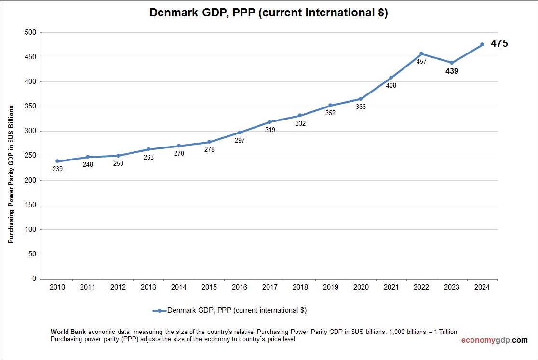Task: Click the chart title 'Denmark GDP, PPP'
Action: pyautogui.click(x=269, y=13)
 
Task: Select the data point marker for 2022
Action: pyautogui.click(x=421, y=53)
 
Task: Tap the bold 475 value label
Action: pyautogui.click(x=499, y=43)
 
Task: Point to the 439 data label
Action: pyautogui.click(x=452, y=71)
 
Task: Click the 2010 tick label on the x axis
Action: pyautogui.click(x=57, y=287)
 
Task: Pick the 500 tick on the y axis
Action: pyautogui.click(x=30, y=32)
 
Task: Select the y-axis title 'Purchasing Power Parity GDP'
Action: pyautogui.click(x=10, y=174)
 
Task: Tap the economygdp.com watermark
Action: pyautogui.click(x=494, y=340)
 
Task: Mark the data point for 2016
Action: pyautogui.click(x=240, y=133)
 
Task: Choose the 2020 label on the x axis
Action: pyautogui.click(x=361, y=287)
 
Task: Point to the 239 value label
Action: pyautogui.click(x=57, y=169)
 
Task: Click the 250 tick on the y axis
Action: pyautogui.click(x=30, y=156)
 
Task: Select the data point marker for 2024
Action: pyautogui.click(x=482, y=45)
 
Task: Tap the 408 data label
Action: pyautogui.click(x=391, y=85)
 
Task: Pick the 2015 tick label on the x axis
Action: pyautogui.click(x=209, y=287)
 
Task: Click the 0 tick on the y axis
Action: pyautogui.click(x=34, y=279)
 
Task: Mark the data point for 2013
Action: pyautogui.click(x=148, y=149)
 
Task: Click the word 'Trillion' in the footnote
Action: pyautogui.click(x=445, y=332)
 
